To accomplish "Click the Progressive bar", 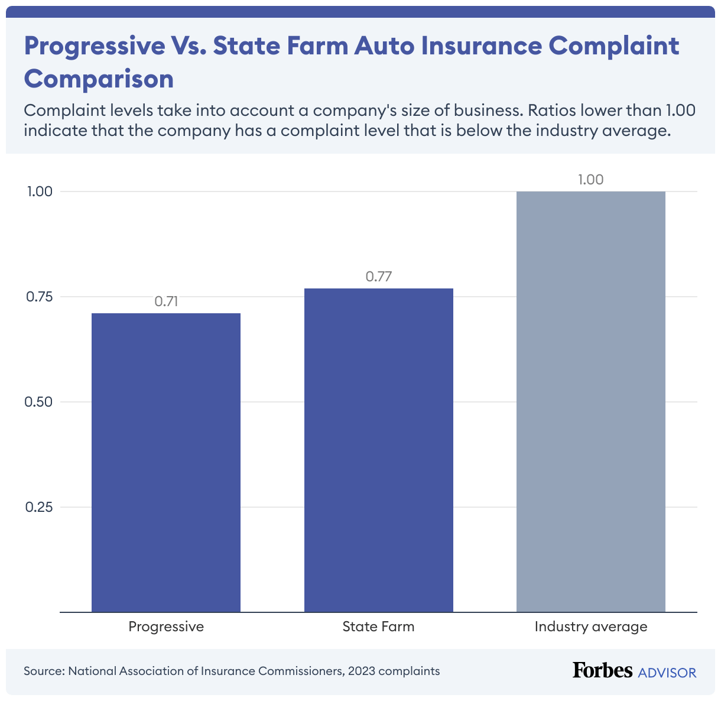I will click(166, 462).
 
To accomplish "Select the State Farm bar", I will click(378, 450).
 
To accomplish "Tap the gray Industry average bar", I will click(590, 401).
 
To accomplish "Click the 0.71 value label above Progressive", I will click(166, 301).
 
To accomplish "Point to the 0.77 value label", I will click(379, 277).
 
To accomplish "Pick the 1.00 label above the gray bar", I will click(590, 180).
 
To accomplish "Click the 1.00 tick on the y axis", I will click(40, 192).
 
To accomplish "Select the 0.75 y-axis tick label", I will click(40, 297).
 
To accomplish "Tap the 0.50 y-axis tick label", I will click(40, 402).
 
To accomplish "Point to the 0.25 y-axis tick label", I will click(40, 507).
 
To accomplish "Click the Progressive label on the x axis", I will click(166, 627).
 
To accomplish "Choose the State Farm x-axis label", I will click(378, 627).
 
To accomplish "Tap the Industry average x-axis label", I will click(590, 627).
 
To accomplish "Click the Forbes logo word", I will click(602, 670).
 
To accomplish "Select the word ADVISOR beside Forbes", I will click(667, 673).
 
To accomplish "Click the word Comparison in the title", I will click(99, 79).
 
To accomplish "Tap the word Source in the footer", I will click(44, 671).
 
